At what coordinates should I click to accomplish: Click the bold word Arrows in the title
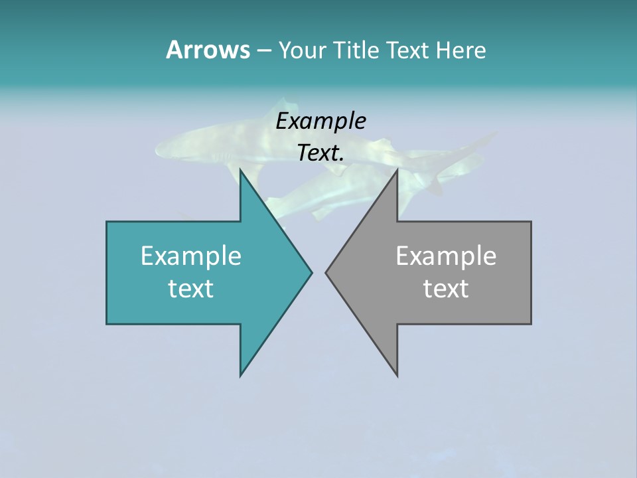(x=207, y=50)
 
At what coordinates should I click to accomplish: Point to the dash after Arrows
(x=263, y=50)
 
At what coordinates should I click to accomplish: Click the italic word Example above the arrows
(x=321, y=121)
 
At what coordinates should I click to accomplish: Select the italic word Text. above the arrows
(x=321, y=153)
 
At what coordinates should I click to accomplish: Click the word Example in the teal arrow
(x=191, y=256)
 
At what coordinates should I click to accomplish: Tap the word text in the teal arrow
(x=191, y=288)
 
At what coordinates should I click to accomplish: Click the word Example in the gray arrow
(x=446, y=256)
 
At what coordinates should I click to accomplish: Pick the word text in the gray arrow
(x=446, y=288)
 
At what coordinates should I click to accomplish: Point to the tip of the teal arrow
(x=311, y=272)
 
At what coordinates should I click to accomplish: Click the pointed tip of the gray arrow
(x=326, y=272)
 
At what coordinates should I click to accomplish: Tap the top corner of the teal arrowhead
(x=241, y=170)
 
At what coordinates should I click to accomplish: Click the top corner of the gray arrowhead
(x=397, y=170)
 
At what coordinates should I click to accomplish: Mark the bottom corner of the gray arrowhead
(x=397, y=375)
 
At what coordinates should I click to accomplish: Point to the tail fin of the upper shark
(x=484, y=139)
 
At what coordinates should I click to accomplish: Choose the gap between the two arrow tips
(x=318, y=272)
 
